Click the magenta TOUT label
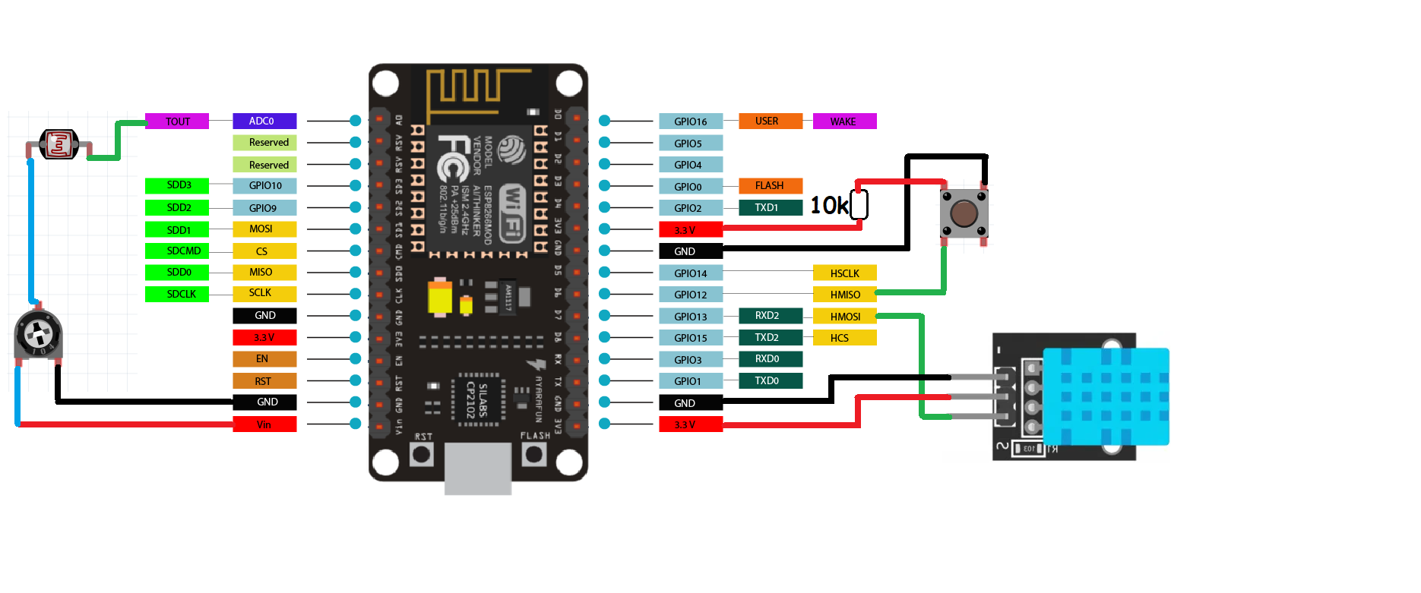(x=177, y=121)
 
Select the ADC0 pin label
(x=264, y=121)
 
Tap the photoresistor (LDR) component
(x=59, y=144)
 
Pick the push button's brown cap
(x=964, y=213)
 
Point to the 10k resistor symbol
(x=859, y=205)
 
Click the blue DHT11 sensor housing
(x=1106, y=396)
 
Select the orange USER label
(x=770, y=121)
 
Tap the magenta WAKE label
(x=844, y=121)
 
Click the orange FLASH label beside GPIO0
(x=770, y=186)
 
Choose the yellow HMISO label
(x=844, y=295)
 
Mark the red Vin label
(x=264, y=424)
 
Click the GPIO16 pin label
(x=690, y=121)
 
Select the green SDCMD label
(x=177, y=251)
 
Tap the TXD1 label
(x=770, y=207)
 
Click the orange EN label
(x=264, y=359)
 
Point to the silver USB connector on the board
(x=477, y=468)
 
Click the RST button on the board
(x=422, y=454)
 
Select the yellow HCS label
(x=844, y=338)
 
